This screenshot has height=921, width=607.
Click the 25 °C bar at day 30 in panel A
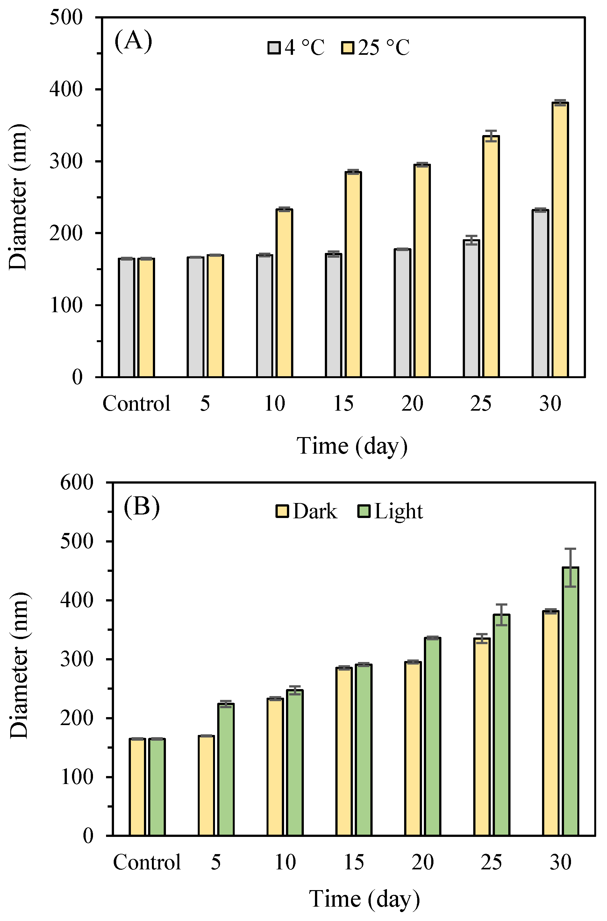click(x=560, y=240)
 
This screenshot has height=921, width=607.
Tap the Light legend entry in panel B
click(x=398, y=511)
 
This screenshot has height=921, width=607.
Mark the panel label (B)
click(x=141, y=506)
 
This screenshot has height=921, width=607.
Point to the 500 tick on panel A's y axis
click(x=66, y=18)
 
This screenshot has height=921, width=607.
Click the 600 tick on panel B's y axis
click(x=77, y=483)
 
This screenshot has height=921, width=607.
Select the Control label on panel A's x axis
click(x=136, y=403)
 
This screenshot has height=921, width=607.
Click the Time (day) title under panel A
click(x=352, y=446)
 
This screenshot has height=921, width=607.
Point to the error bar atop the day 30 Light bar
click(x=570, y=568)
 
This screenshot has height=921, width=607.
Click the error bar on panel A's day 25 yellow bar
click(x=491, y=136)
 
